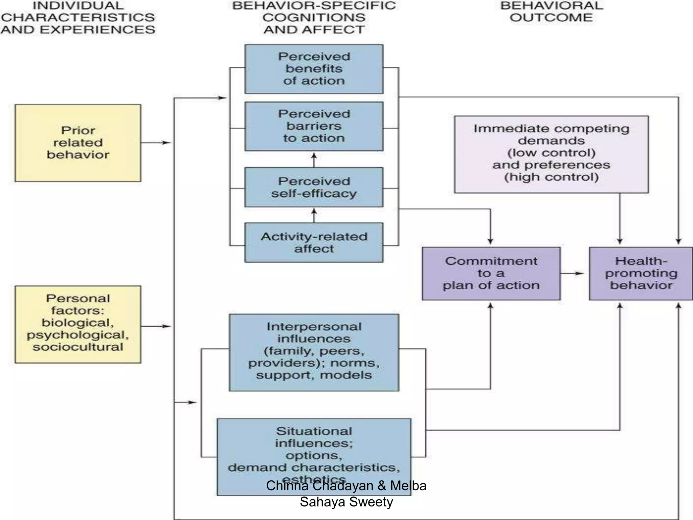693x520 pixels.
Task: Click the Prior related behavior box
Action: tap(78, 143)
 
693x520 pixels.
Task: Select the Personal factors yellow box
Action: tap(78, 324)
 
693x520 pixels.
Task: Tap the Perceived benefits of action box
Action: tap(314, 69)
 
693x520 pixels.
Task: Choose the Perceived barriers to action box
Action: tap(314, 126)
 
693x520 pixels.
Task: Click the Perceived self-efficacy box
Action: tap(314, 187)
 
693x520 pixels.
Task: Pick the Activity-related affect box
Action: tap(314, 242)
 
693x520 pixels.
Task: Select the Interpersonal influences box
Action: tap(314, 352)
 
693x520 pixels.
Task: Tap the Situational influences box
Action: tap(314, 450)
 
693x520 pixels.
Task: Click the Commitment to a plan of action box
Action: tap(491, 274)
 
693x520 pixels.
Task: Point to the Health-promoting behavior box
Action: tap(641, 274)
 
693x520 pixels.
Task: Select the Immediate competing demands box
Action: tap(551, 154)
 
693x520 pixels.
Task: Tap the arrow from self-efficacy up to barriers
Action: tap(314, 159)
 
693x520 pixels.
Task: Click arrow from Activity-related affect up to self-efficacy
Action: tap(314, 215)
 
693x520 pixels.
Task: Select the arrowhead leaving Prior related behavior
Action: tap(166, 143)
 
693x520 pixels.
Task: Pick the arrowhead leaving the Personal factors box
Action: tap(166, 326)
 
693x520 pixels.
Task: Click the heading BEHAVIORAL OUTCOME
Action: tap(551, 12)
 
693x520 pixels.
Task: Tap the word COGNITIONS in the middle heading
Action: tap(314, 18)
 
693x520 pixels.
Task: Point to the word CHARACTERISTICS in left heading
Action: tap(78, 18)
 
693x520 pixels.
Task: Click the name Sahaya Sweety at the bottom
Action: tap(346, 502)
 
